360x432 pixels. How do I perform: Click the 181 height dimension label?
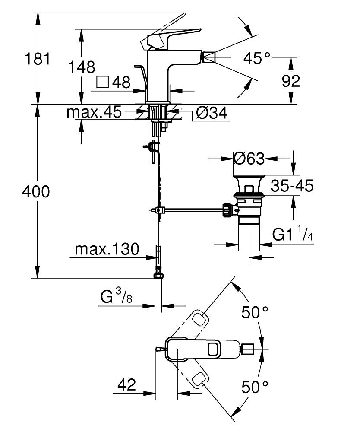[x=38, y=59]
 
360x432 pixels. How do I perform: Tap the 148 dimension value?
[x=82, y=67]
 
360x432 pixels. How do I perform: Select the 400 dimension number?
[x=36, y=191]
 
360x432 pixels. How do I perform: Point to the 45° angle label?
[x=257, y=58]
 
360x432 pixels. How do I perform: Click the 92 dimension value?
[x=291, y=81]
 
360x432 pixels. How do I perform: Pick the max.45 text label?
[x=94, y=112]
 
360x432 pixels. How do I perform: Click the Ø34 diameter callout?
[x=212, y=113]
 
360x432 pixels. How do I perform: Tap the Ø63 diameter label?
[x=249, y=159]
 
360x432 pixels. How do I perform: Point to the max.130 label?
[x=107, y=249]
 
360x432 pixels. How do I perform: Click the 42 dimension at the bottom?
[x=127, y=384]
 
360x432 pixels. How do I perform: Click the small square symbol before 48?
[x=103, y=82]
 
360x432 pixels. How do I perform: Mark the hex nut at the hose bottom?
[x=158, y=275]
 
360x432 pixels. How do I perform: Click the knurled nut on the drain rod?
[x=227, y=210]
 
